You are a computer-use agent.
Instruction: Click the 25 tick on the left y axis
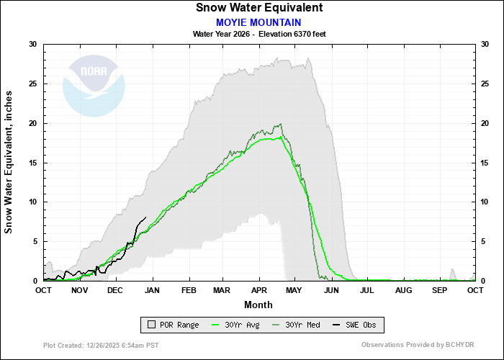pos(33,84)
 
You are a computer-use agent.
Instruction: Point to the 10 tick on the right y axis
pos(484,202)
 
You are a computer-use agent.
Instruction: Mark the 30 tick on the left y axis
pos(33,45)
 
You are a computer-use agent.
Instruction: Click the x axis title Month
pos(258,304)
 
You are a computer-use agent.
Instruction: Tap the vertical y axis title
pos(9,162)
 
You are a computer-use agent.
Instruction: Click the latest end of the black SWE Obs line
pos(146,217)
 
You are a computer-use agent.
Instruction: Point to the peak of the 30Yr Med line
pos(279,124)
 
